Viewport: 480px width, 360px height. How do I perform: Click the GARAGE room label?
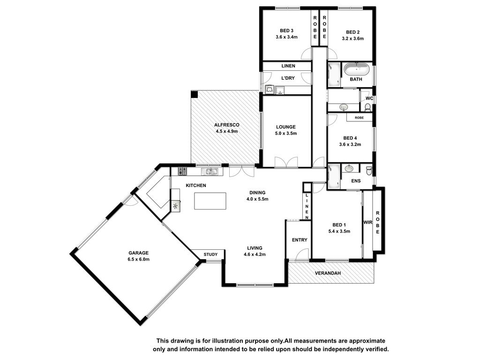pos(138,253)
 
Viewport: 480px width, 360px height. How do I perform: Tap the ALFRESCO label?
pos(226,125)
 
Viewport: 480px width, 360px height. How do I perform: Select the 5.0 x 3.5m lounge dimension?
pos(286,133)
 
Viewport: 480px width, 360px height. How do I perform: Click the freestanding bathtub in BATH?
pos(356,69)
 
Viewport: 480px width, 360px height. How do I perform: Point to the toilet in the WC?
pos(368,107)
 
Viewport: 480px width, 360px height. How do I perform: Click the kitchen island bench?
pos(210,201)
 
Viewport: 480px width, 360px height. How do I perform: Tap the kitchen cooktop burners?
pos(182,171)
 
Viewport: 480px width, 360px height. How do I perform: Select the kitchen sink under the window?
pos(210,172)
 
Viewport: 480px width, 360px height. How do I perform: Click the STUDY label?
pos(210,255)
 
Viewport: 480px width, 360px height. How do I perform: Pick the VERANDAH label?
pos(328,273)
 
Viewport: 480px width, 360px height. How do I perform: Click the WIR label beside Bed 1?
pos(367,222)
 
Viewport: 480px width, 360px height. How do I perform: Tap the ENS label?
pos(356,181)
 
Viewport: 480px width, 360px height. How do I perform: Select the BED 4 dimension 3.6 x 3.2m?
pos(350,144)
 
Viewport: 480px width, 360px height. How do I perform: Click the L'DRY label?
pos(288,78)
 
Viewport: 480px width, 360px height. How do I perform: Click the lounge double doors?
pos(286,162)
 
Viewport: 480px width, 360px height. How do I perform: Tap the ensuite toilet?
pos(369,171)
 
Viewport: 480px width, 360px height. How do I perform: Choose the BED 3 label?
pos(286,30)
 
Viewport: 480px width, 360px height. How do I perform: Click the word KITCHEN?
pos(196,186)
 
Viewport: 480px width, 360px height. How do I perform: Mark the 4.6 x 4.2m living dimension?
pos(255,255)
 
